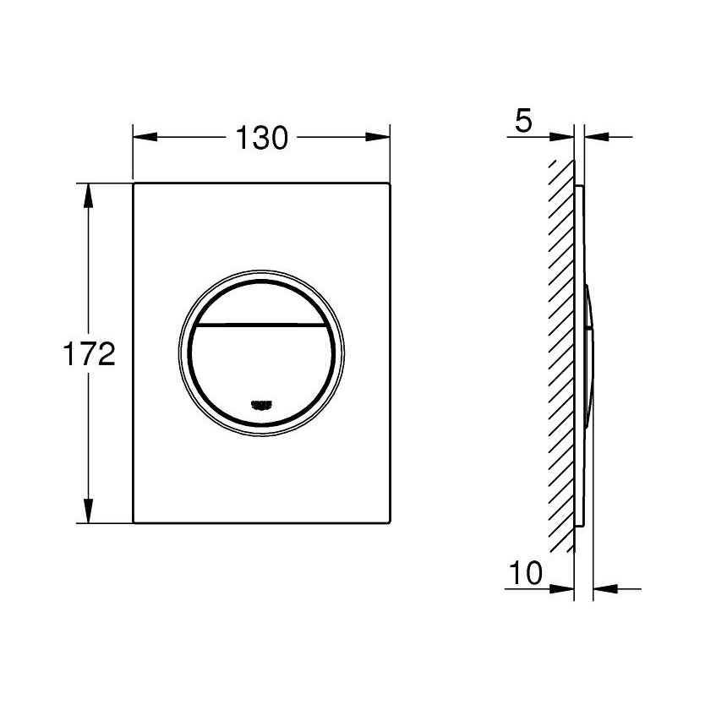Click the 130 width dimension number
262,138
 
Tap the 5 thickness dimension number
523,122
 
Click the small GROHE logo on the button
262,405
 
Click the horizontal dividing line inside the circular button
262,325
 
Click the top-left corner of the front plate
134,183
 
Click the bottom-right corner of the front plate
390,522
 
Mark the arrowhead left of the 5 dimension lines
562,137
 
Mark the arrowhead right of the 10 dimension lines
605,588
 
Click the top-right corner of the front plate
390,183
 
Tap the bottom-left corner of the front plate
134,522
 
